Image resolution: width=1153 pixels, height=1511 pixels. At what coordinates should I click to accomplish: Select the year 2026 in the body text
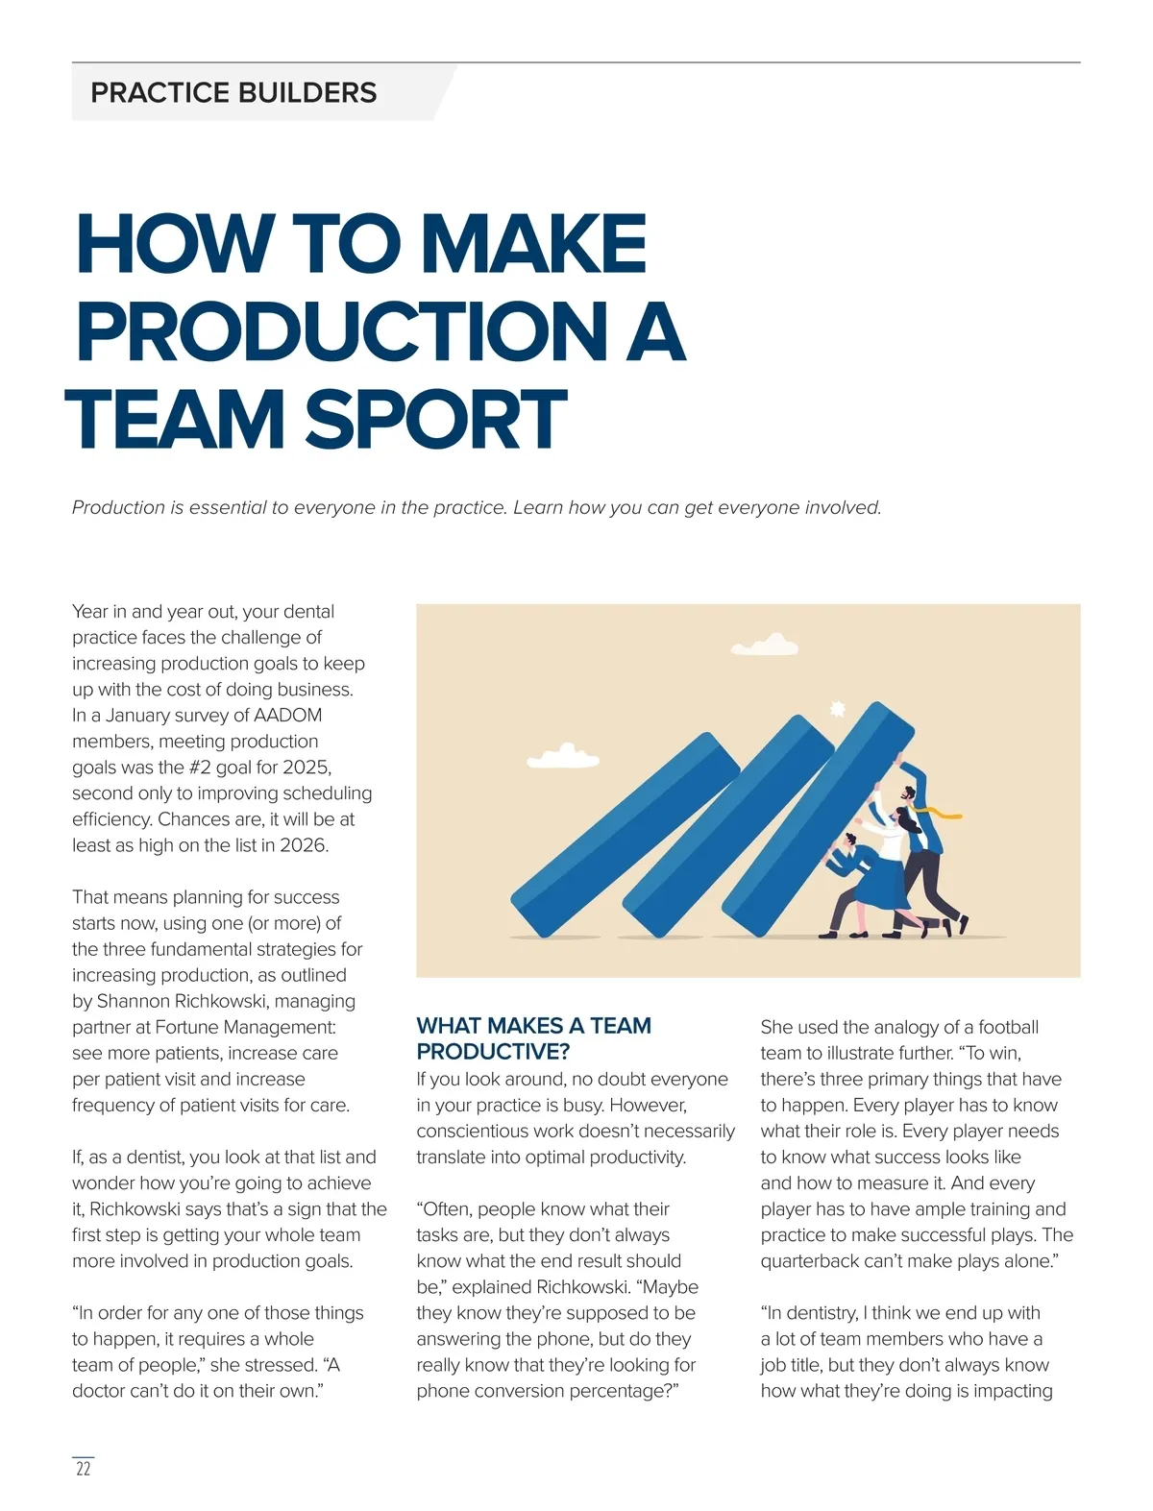tap(304, 845)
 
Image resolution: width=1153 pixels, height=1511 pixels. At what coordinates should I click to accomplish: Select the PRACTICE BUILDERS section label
tap(233, 93)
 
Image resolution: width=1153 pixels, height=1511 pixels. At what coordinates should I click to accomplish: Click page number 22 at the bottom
tap(84, 1469)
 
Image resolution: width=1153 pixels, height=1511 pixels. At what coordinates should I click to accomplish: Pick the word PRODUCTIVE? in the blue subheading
tap(493, 1051)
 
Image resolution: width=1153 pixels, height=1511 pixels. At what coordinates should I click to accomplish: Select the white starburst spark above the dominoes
tap(837, 709)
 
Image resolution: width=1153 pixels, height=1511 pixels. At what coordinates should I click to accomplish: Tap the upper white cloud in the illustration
tap(766, 644)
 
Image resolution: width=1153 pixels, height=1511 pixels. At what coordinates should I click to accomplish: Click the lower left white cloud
tap(564, 756)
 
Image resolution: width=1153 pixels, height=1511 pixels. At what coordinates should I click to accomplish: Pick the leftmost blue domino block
tap(625, 836)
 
